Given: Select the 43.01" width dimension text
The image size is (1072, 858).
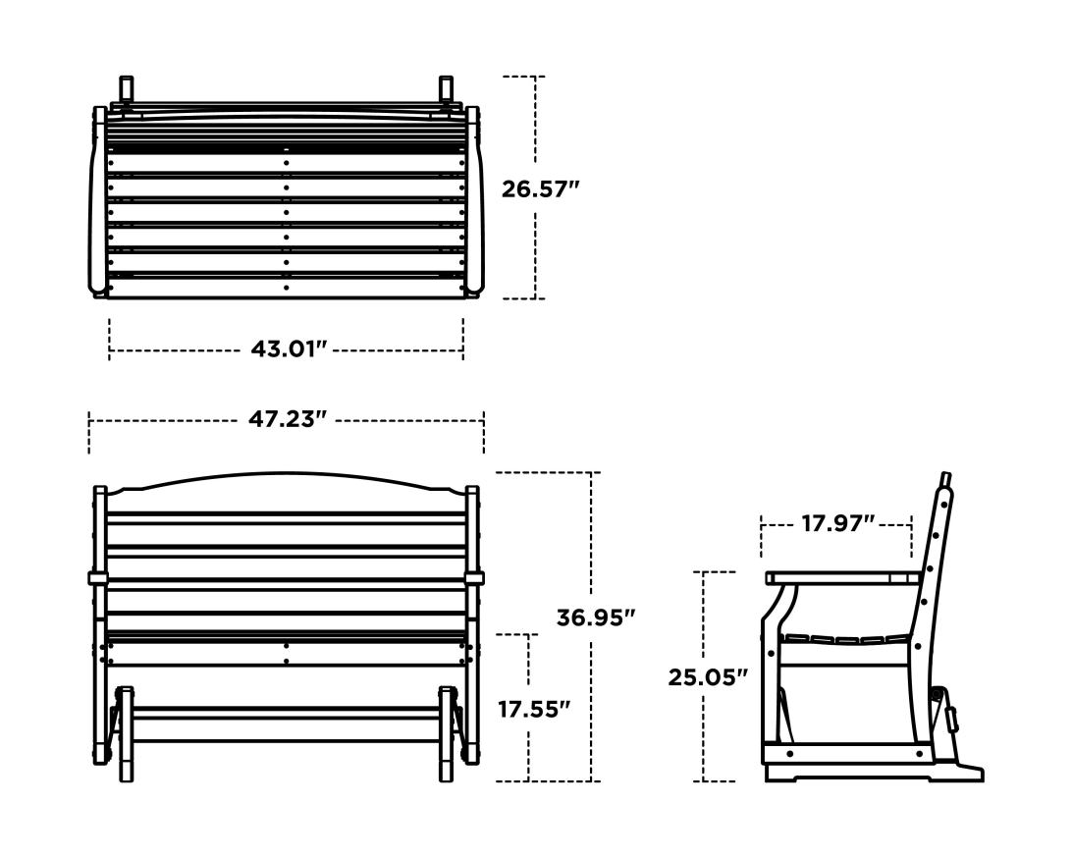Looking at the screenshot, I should (288, 349).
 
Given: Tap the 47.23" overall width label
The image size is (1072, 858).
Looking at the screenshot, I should (288, 419).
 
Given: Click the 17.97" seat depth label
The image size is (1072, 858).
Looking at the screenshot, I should (837, 524).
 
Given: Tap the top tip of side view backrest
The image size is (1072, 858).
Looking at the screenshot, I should (946, 478).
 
